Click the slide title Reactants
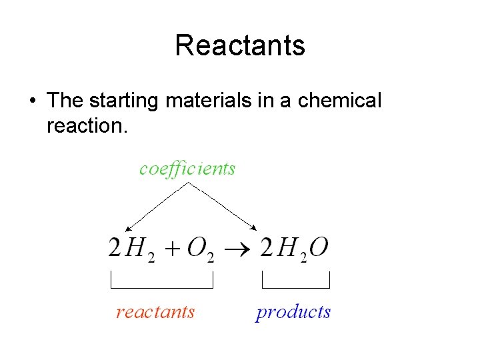coord(240,45)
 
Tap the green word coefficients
coord(187,168)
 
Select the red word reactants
coord(155,312)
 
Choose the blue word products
coord(293,312)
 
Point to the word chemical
coord(340,101)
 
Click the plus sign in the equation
coord(172,249)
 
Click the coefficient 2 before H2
coord(115,248)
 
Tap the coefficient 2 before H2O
coord(267,248)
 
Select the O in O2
coord(197,247)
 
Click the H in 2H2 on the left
coord(136,248)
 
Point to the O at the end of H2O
coord(319,247)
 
